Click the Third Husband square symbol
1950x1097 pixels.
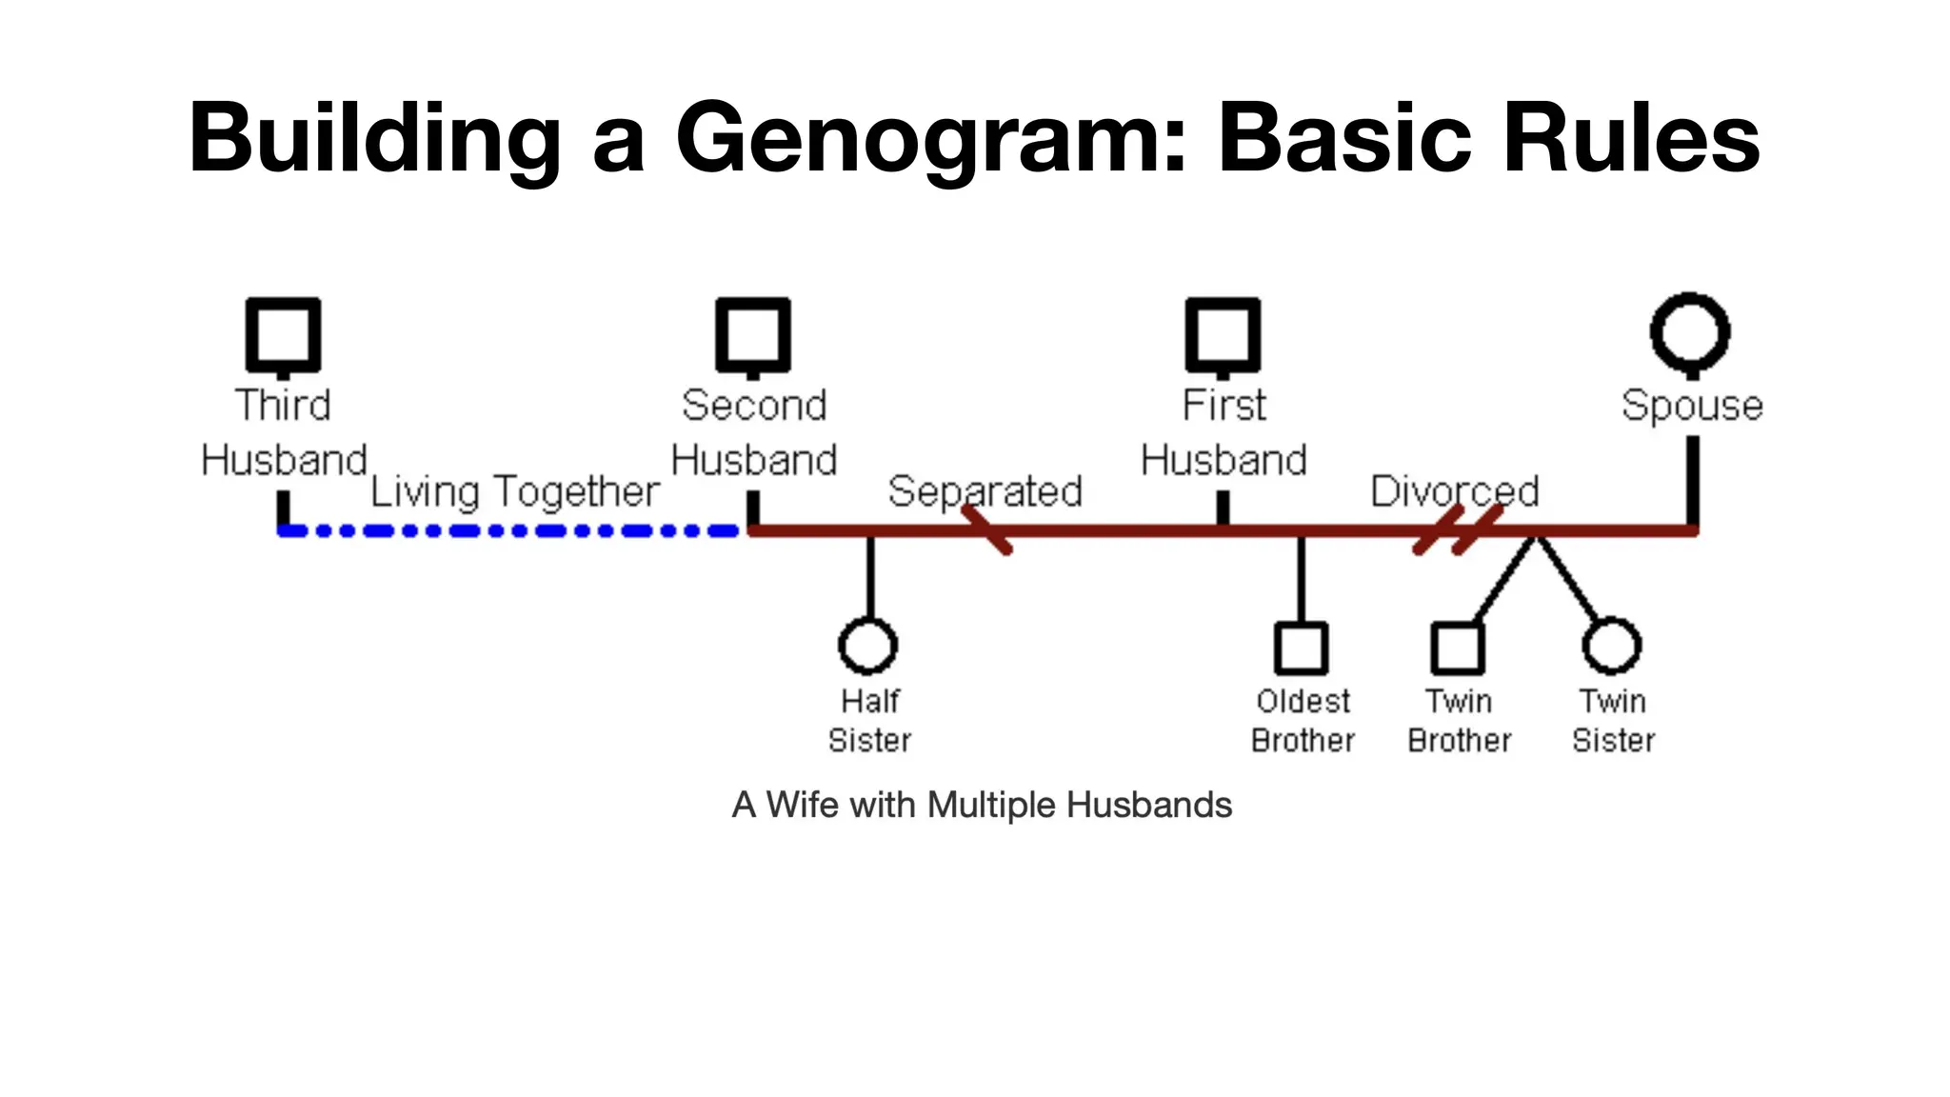[x=283, y=335]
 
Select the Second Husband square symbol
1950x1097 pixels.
[x=753, y=335]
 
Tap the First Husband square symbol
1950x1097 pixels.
[x=1223, y=335]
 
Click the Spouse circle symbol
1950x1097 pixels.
[x=1690, y=332]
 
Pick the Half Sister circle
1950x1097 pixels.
[x=867, y=645]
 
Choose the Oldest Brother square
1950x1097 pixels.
[x=1301, y=648]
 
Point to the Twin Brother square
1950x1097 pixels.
[x=1457, y=648]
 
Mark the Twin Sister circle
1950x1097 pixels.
[x=1611, y=645]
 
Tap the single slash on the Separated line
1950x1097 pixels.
[x=986, y=529]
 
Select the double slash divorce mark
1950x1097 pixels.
[x=1458, y=529]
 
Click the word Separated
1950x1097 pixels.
[x=985, y=491]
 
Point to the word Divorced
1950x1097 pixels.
[x=1454, y=491]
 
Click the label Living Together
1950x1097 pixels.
[x=514, y=491]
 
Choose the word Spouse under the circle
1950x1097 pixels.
[x=1692, y=406]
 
